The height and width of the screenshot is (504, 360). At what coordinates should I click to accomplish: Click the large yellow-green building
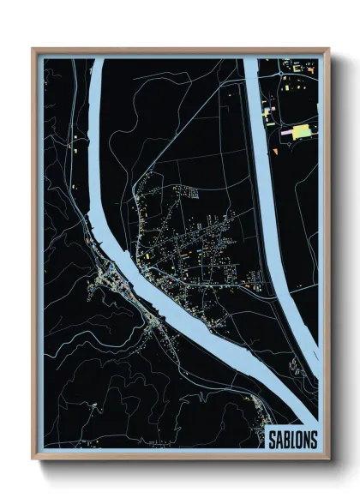pos(301,131)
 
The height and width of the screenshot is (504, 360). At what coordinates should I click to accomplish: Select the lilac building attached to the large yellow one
pos(286,133)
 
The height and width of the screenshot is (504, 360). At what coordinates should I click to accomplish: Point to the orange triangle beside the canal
pos(275,151)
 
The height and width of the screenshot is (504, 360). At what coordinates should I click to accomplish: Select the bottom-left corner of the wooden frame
pos(33,458)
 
